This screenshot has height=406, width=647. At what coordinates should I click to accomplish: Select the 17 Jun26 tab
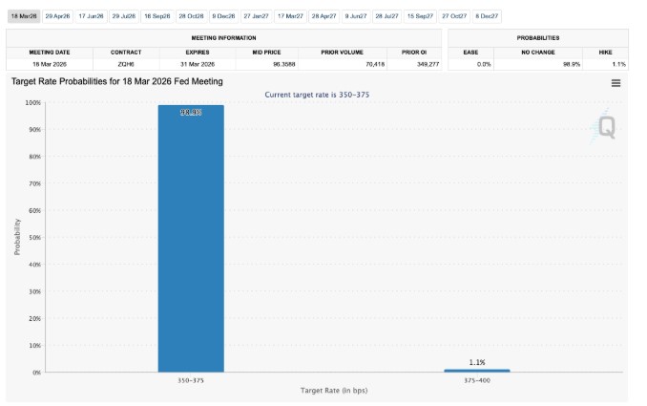(x=92, y=16)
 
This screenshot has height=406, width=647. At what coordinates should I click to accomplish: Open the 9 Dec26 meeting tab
(x=224, y=16)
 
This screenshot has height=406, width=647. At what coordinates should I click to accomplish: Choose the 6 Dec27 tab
(x=487, y=16)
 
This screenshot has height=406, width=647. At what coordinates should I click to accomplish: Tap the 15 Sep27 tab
(x=420, y=16)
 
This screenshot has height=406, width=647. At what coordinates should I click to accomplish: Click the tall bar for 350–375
(x=191, y=239)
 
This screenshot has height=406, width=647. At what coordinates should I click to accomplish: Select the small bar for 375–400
(x=477, y=370)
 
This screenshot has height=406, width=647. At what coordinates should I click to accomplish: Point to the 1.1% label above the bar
(x=477, y=362)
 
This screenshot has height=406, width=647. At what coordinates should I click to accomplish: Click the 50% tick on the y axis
(x=35, y=237)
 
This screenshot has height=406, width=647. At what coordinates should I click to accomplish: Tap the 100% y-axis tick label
(x=33, y=102)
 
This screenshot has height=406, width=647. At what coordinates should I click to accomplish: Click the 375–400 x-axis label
(x=477, y=380)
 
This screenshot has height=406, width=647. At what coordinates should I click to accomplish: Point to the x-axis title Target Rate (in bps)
(x=334, y=391)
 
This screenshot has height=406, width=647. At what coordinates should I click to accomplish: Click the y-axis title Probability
(x=17, y=237)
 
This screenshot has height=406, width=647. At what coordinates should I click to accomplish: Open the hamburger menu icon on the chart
(x=616, y=83)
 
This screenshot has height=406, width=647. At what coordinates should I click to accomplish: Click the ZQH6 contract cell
(x=126, y=63)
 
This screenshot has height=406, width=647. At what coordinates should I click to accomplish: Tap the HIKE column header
(x=618, y=52)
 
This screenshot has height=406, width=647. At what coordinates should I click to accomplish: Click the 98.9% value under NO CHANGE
(x=572, y=63)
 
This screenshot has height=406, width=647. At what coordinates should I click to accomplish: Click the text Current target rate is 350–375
(x=318, y=94)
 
